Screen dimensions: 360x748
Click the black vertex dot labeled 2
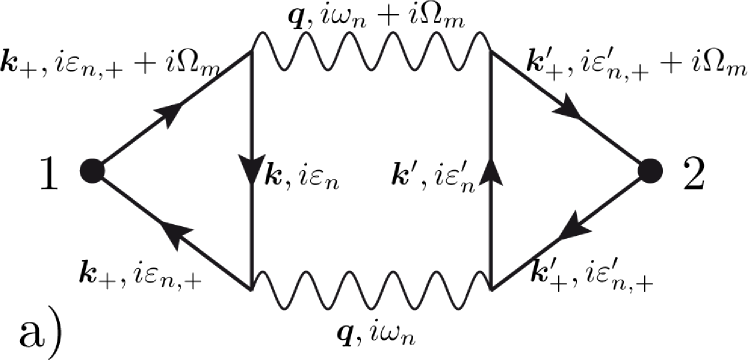click(x=655, y=171)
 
